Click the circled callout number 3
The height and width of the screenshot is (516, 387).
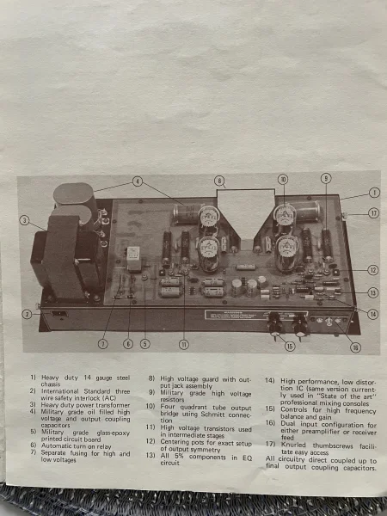(x=26, y=221)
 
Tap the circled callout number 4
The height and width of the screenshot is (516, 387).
(x=137, y=181)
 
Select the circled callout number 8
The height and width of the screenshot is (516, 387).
(x=219, y=181)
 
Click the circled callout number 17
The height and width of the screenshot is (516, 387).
(x=373, y=212)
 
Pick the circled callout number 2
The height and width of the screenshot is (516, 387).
(x=27, y=314)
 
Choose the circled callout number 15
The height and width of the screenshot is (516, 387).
(x=289, y=346)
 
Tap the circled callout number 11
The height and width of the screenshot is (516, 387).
(x=182, y=344)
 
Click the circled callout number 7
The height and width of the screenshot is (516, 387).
(x=102, y=344)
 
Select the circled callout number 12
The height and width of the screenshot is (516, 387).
(x=373, y=269)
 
